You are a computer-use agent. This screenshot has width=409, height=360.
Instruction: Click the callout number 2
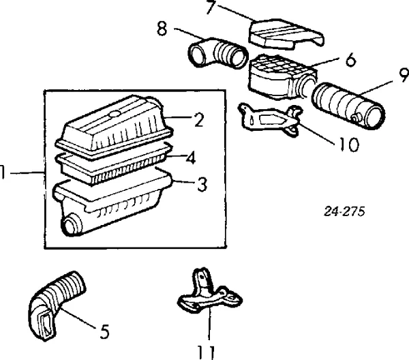coord(199,120)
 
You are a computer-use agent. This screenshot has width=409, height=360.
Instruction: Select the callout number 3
coord(202,184)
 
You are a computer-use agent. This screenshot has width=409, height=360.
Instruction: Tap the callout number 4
coord(191,157)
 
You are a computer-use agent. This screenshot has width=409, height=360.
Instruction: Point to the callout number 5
coord(104,332)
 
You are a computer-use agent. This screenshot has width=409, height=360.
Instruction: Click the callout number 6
coord(351,60)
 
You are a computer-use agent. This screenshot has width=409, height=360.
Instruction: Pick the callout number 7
coord(211,7)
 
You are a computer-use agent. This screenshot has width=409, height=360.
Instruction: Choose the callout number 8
coord(162,29)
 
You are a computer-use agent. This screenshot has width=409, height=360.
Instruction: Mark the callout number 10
coord(350,145)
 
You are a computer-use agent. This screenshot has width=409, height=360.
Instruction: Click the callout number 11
coord(206,352)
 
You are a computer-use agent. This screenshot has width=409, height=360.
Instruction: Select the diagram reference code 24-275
coord(344,211)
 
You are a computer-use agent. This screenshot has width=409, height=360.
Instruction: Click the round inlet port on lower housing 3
coord(71,225)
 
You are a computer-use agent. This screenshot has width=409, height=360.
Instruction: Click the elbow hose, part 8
coord(218,53)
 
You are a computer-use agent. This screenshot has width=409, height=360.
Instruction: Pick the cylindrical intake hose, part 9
coord(348,106)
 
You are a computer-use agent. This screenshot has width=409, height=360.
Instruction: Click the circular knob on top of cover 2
coord(115,113)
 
